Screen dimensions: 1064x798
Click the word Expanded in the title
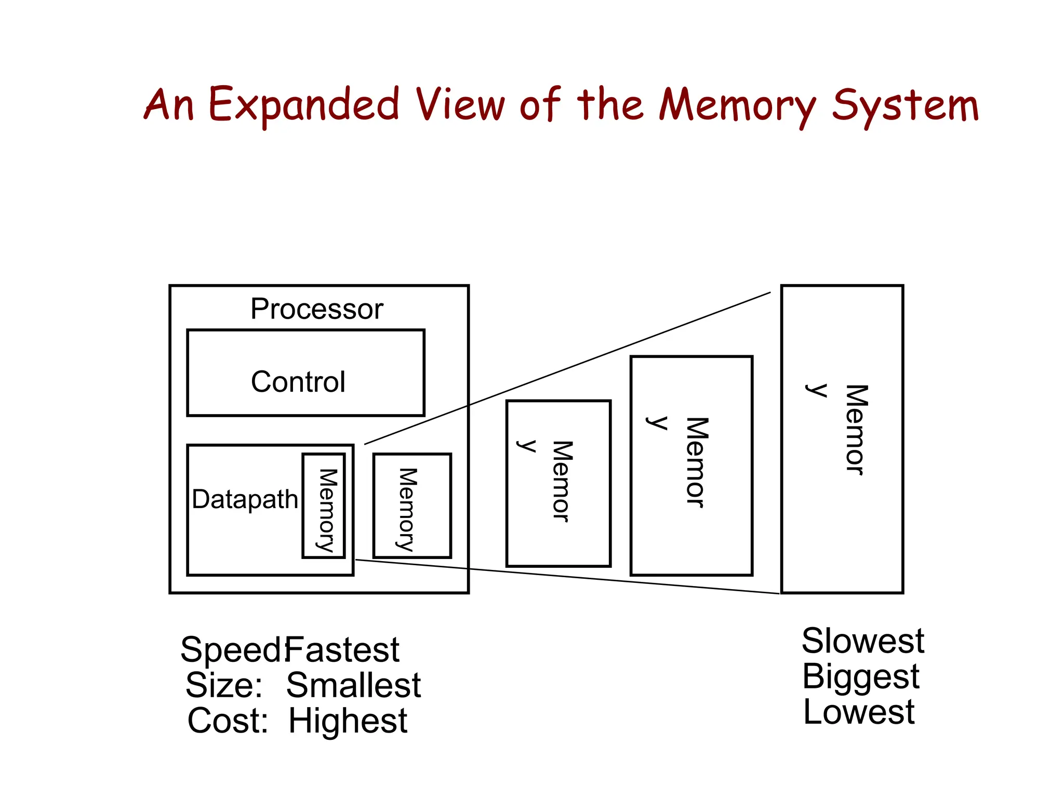coord(303,105)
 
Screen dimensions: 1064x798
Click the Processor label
coord(316,309)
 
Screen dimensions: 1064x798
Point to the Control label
coord(298,382)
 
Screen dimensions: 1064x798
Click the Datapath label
coord(245,499)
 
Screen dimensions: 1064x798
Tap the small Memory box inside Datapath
coord(324,506)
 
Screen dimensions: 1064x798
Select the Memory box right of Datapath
coord(412,506)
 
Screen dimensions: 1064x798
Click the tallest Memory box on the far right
coord(842,438)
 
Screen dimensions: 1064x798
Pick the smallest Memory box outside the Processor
coord(558,483)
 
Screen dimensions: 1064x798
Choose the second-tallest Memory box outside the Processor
coord(691,465)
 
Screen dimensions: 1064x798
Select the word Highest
coord(348,721)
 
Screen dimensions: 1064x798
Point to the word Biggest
coord(860,676)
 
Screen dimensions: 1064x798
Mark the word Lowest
coord(858,712)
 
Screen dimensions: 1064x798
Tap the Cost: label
coord(227,721)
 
